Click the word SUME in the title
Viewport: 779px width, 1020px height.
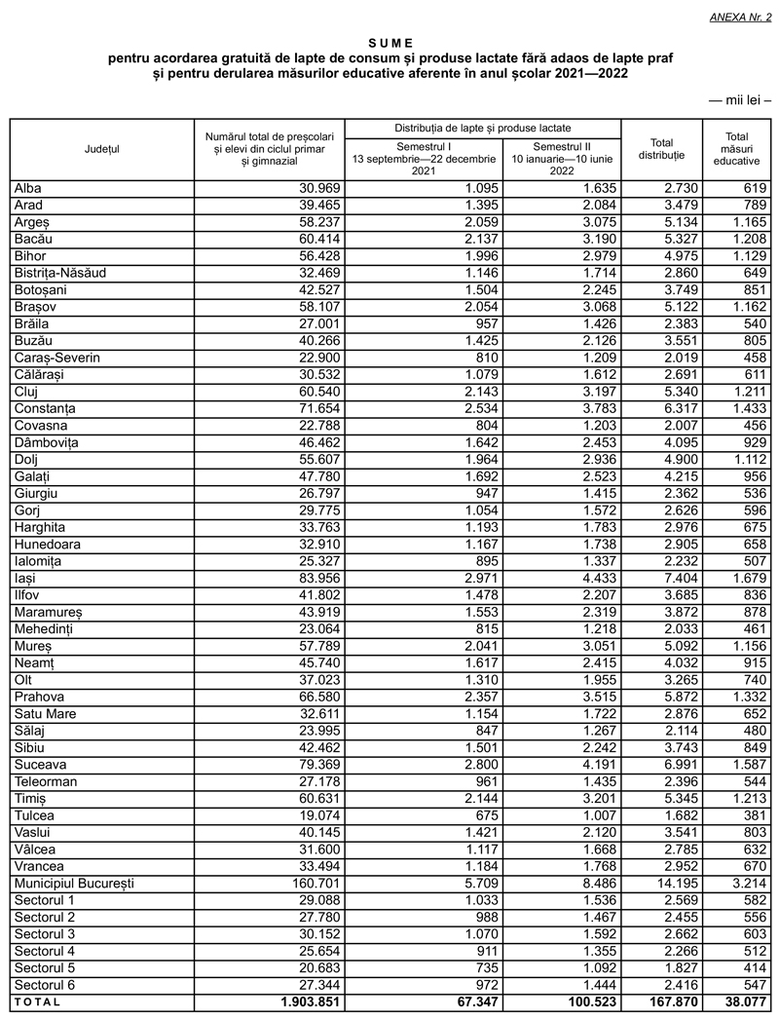coord(390,43)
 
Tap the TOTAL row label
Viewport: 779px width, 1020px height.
coord(37,1001)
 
